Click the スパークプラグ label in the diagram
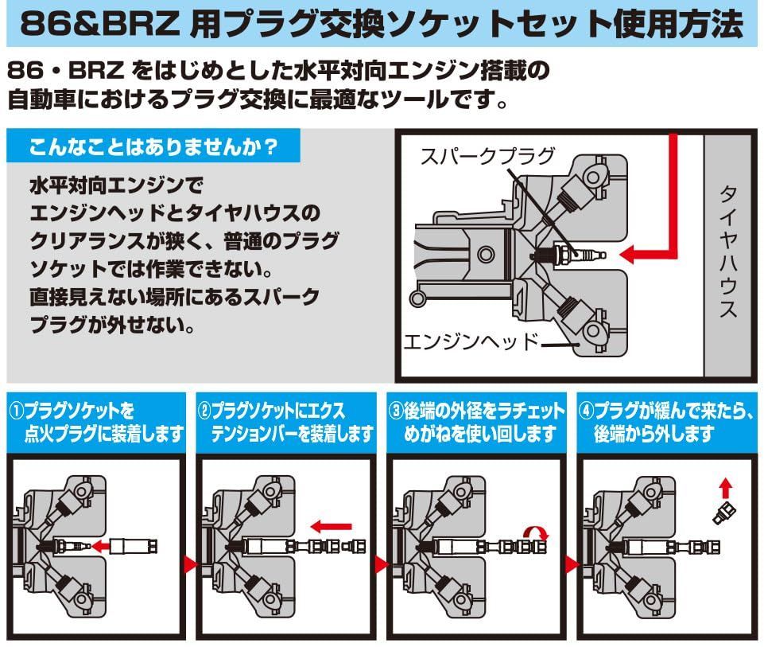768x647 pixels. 487,155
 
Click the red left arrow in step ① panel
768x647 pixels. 100,545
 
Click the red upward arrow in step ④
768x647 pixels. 724,487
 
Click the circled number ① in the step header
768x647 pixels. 17,412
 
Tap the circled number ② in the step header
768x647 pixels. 204,412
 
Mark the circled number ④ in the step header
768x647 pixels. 587,412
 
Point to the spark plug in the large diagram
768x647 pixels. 568,254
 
